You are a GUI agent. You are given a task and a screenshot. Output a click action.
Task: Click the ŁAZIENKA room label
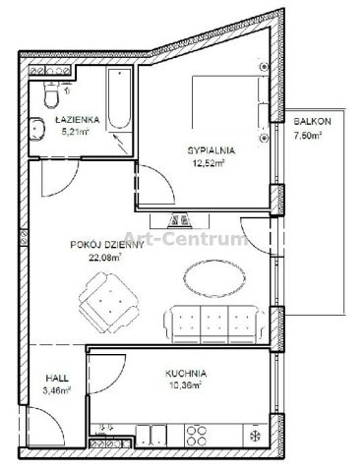[x=78, y=120]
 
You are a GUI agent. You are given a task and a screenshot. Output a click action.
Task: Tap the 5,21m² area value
[x=76, y=132]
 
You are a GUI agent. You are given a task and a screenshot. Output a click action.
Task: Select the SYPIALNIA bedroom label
[x=212, y=150]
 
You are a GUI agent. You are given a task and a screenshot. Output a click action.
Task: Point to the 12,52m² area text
[x=209, y=163]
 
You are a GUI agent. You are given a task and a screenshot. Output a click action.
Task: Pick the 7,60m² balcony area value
[x=307, y=136]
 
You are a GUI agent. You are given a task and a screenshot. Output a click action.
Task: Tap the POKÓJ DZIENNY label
[x=107, y=245]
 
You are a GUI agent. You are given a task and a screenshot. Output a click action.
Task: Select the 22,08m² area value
[x=105, y=258]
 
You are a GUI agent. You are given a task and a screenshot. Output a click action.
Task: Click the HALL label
[x=57, y=378]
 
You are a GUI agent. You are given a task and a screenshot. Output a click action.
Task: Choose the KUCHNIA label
[x=186, y=374]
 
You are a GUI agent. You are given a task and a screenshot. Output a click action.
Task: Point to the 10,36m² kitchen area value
[x=185, y=385]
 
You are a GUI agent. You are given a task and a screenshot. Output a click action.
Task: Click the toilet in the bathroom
[x=51, y=94]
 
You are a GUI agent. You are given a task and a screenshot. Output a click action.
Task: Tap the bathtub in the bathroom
[x=119, y=98]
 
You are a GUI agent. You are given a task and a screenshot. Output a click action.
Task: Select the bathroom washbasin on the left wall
[x=36, y=129]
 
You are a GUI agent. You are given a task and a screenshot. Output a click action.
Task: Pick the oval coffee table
[x=214, y=278]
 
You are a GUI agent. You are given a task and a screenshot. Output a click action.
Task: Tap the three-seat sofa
[x=214, y=324]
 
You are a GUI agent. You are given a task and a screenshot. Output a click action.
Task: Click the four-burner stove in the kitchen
[x=196, y=436]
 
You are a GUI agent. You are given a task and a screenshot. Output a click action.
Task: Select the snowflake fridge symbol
[x=255, y=436]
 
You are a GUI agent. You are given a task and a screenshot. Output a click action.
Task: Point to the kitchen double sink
[x=152, y=436]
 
